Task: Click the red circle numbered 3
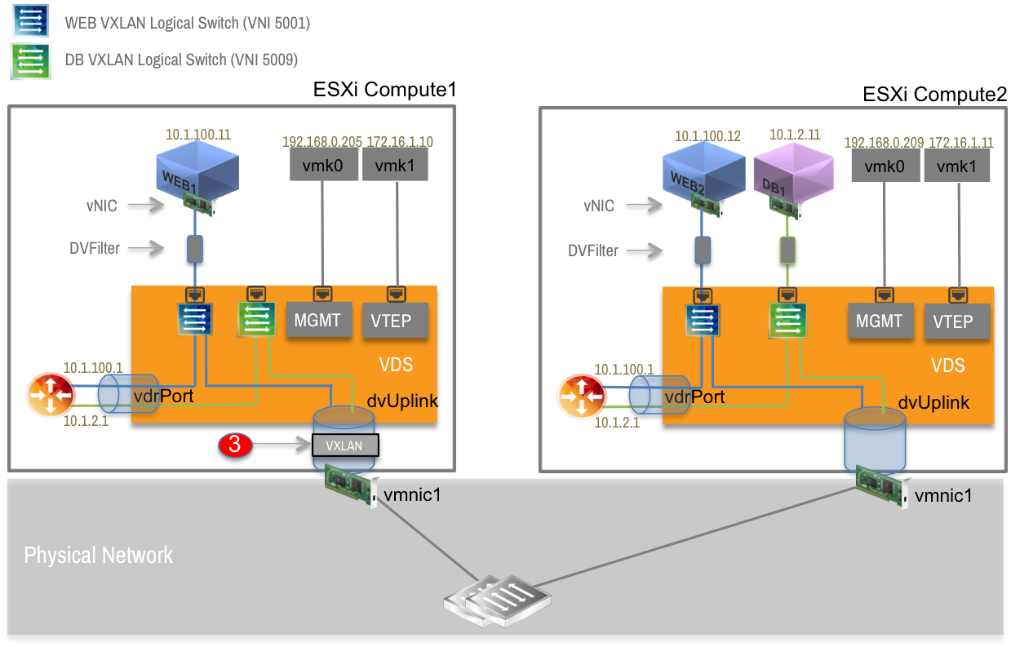(x=234, y=445)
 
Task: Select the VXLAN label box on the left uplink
(x=344, y=445)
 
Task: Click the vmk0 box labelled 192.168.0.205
(x=321, y=167)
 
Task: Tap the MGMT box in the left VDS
(x=317, y=320)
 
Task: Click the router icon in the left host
(x=51, y=397)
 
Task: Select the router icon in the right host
(x=582, y=397)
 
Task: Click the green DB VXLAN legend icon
(x=31, y=61)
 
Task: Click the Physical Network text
(x=99, y=556)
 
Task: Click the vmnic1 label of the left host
(x=413, y=494)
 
